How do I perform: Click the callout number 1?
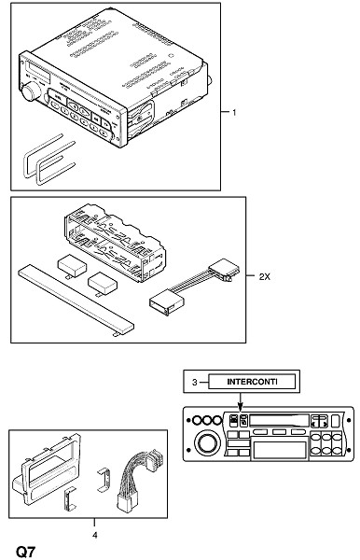point(234,113)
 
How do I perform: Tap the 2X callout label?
point(264,276)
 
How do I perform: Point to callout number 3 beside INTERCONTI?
point(194,382)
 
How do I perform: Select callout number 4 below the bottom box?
point(94,535)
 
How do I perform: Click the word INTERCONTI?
point(252,382)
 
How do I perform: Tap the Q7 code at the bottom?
point(26,552)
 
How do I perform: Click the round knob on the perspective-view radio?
point(32,91)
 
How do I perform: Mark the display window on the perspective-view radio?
point(38,71)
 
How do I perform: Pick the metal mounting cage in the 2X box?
point(115,243)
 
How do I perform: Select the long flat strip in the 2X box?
point(76,301)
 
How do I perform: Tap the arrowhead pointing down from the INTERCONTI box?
point(240,405)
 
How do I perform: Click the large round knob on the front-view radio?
point(206,442)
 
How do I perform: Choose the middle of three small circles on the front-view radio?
point(207,420)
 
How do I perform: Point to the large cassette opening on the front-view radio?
point(280,450)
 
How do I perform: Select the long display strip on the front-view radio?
point(280,420)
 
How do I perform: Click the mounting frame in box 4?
point(47,471)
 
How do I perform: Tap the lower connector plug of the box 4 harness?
point(126,504)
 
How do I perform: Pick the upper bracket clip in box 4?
point(104,480)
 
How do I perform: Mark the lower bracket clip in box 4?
point(70,499)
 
